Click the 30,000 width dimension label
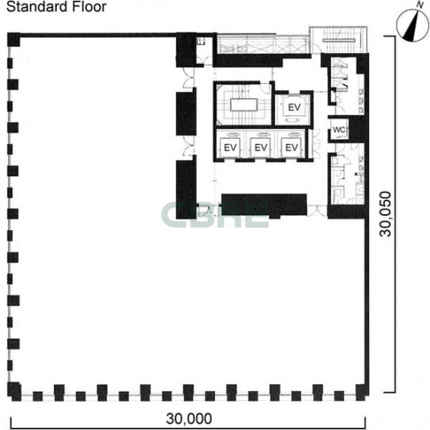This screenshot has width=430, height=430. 189,419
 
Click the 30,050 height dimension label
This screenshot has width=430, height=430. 385,214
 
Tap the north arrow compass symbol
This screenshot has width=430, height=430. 413,25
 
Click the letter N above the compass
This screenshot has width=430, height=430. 420,5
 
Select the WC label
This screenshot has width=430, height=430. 339,130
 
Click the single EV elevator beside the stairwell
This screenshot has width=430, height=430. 294,107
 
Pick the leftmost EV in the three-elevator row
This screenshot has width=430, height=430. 230,148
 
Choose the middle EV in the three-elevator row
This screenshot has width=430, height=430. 261,148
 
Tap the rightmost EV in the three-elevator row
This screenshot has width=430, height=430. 292,148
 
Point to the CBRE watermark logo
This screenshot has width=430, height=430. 215,215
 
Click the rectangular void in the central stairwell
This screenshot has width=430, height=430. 243,105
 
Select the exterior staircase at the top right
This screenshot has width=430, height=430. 338,40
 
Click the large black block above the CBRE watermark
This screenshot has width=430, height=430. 264,206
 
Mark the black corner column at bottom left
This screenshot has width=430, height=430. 14,391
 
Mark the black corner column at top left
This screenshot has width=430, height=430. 13,40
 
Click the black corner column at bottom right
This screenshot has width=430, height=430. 362,392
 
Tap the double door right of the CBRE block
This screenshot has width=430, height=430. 317,210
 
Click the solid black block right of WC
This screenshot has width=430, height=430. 357,130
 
